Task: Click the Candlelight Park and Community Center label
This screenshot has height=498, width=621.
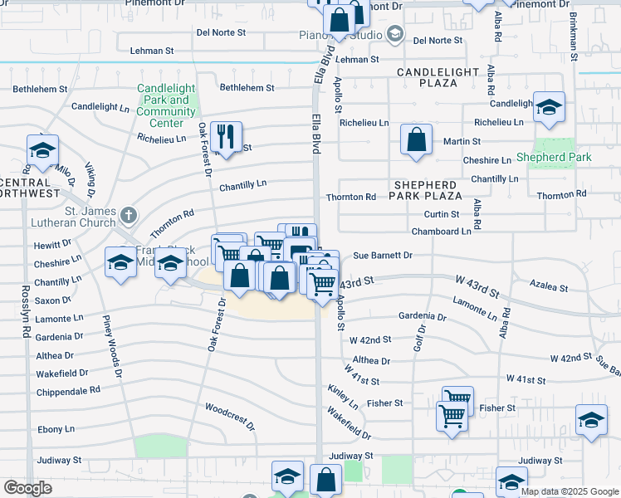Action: (166, 100)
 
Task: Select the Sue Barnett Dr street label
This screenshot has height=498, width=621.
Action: (383, 256)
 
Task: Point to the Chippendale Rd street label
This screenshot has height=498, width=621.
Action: (68, 390)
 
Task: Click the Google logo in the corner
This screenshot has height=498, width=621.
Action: (28, 488)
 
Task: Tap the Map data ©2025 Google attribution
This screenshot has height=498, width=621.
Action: (569, 491)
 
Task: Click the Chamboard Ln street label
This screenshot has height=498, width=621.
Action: (442, 231)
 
